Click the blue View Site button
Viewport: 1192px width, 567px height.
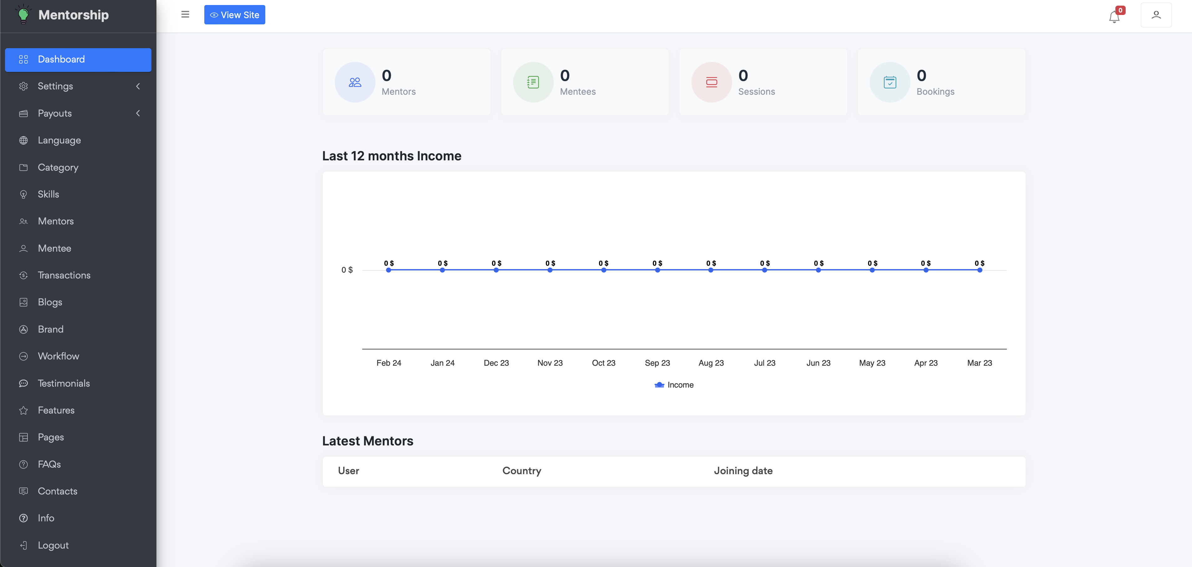point(235,15)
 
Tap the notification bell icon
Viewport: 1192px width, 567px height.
point(1114,17)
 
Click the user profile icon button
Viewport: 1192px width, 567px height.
point(1156,15)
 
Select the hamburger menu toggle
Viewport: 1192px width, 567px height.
point(185,14)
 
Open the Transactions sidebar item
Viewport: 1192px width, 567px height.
point(64,275)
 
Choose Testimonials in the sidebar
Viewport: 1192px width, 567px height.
point(64,384)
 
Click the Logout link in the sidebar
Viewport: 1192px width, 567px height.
point(53,545)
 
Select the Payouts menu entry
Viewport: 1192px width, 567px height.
point(55,113)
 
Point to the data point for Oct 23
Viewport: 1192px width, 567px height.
point(604,270)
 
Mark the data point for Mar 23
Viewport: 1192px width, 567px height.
point(980,270)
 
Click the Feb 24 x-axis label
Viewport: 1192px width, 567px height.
point(389,363)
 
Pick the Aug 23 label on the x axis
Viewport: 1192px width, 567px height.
point(711,363)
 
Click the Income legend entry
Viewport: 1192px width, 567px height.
point(674,385)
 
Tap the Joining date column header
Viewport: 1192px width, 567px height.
point(743,471)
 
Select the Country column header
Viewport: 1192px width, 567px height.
point(522,471)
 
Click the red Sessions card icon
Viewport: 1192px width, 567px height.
point(711,82)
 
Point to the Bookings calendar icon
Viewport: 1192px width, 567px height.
point(890,82)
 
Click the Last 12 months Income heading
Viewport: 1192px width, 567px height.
point(391,156)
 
